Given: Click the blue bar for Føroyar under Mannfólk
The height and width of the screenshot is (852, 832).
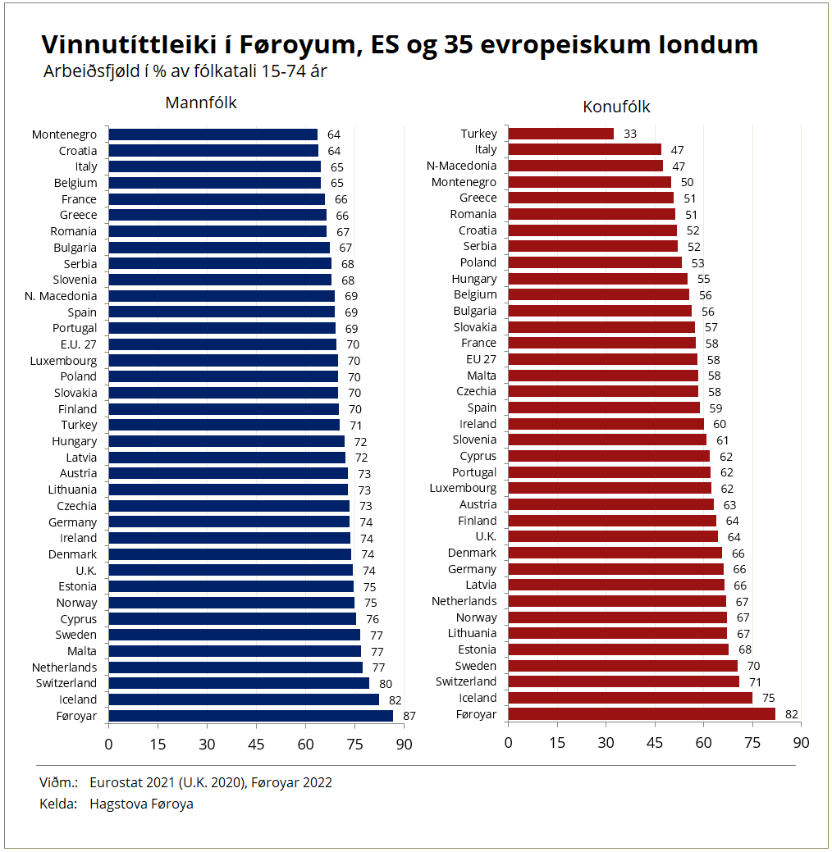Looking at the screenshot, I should pyautogui.click(x=250, y=716).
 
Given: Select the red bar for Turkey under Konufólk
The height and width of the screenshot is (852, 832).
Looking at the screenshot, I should pyautogui.click(x=560, y=134).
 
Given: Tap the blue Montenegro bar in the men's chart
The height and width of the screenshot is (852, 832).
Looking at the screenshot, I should pyautogui.click(x=213, y=134).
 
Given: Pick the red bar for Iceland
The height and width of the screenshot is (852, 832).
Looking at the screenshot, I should pyautogui.click(x=629, y=698).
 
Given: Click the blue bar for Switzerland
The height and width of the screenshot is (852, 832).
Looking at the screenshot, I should pyautogui.click(x=238, y=683).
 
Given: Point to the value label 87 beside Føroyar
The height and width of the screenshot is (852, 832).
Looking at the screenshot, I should pyautogui.click(x=409, y=716).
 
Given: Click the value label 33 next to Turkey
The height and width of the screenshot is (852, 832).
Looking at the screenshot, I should pyautogui.click(x=630, y=134).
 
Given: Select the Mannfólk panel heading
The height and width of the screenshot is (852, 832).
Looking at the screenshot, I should pyautogui.click(x=201, y=103).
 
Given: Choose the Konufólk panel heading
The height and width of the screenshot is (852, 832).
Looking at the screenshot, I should pyautogui.click(x=616, y=107).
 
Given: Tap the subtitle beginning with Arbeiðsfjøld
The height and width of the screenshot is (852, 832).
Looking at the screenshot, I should pyautogui.click(x=185, y=71).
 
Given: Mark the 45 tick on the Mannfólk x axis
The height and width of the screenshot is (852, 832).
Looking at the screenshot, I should pyautogui.click(x=256, y=744).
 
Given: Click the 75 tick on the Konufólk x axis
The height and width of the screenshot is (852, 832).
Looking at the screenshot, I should pyautogui.click(x=752, y=742).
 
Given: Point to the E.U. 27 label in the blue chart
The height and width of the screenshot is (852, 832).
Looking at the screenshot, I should pyautogui.click(x=78, y=344).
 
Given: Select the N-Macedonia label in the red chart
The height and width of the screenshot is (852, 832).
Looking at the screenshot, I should pyautogui.click(x=461, y=166).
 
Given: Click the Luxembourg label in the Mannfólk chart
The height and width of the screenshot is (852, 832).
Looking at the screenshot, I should pyautogui.click(x=63, y=361).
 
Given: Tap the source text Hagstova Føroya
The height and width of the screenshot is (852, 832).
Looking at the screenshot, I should pyautogui.click(x=141, y=804).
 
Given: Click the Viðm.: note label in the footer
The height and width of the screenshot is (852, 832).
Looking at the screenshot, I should pyautogui.click(x=58, y=782).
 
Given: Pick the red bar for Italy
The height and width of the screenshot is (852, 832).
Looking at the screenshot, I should pyautogui.click(x=584, y=149).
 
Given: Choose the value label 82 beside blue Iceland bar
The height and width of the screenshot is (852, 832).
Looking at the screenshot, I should pyautogui.click(x=395, y=699).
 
